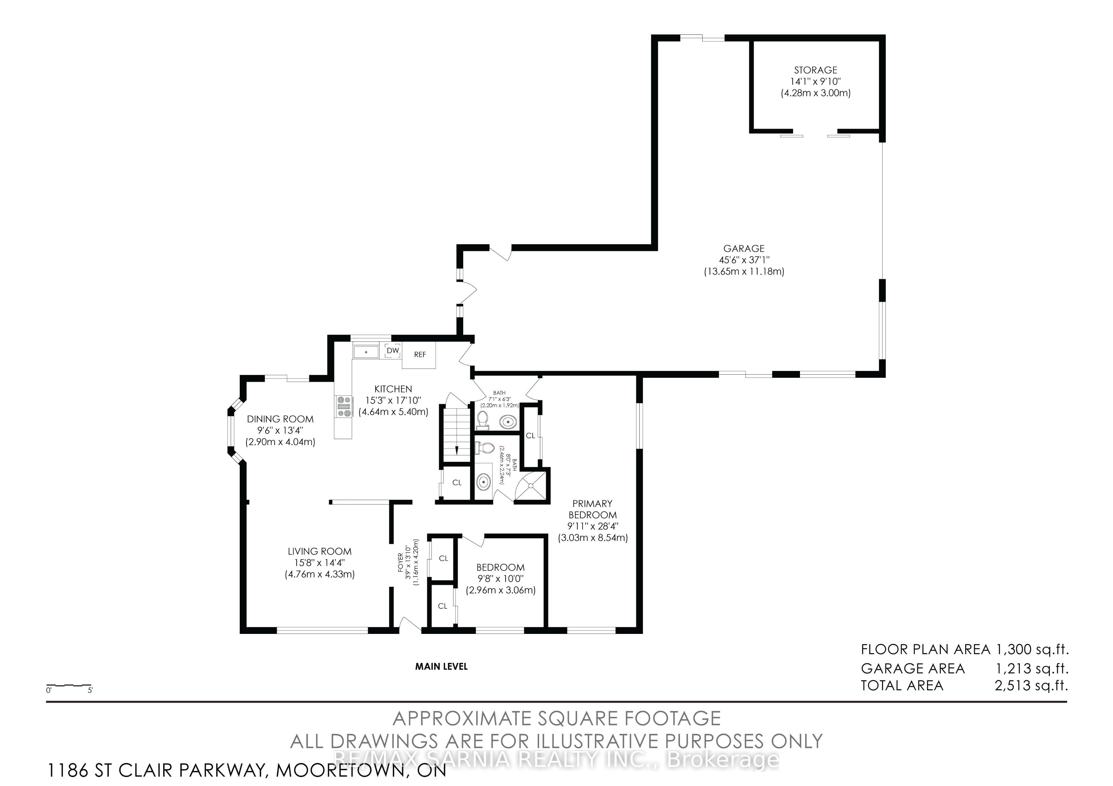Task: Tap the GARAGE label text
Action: (744, 249)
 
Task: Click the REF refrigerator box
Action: (420, 355)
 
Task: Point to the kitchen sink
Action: (366, 351)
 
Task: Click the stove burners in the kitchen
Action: (344, 406)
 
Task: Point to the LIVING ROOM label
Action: (319, 551)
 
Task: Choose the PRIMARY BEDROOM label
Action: (592, 509)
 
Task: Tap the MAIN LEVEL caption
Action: (441, 667)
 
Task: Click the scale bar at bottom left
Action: (69, 686)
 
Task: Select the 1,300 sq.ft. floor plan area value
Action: (1032, 649)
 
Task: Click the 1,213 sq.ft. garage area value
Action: (1032, 669)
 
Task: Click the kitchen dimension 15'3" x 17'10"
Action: (393, 401)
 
